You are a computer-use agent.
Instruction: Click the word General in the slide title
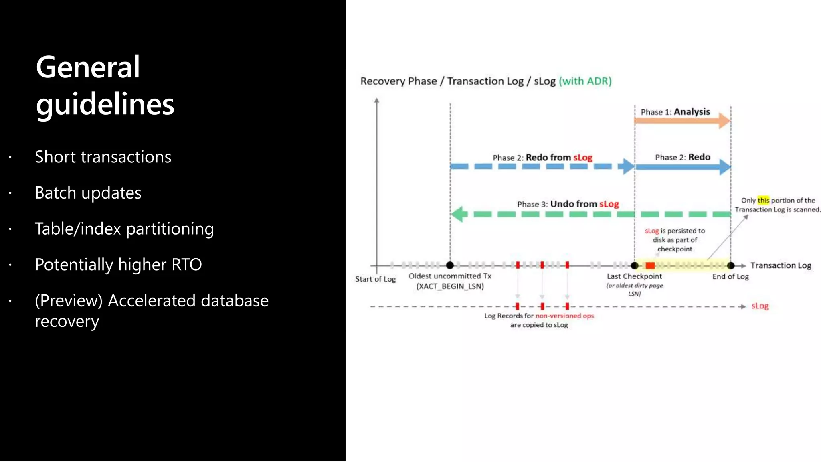88,67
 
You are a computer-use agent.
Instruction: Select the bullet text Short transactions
103,157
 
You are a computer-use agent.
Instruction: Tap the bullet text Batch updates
88,193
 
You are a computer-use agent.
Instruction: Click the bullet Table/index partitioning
124,229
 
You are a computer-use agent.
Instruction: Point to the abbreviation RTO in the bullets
186,265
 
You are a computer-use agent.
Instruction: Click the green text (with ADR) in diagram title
585,81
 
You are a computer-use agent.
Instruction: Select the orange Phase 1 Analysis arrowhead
724,120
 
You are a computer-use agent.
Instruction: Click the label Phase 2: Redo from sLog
542,158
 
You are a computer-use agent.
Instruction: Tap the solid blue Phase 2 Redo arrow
681,167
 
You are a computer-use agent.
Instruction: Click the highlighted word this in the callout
763,200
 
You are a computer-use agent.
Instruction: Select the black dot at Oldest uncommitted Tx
450,265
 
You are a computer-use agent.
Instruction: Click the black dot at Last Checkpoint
635,265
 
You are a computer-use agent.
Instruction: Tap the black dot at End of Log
731,265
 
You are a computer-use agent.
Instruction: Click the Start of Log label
375,279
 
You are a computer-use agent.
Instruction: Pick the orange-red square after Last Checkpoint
650,265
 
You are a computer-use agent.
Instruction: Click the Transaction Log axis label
781,265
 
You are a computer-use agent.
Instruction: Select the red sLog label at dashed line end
760,306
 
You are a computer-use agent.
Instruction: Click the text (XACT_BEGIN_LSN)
450,286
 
